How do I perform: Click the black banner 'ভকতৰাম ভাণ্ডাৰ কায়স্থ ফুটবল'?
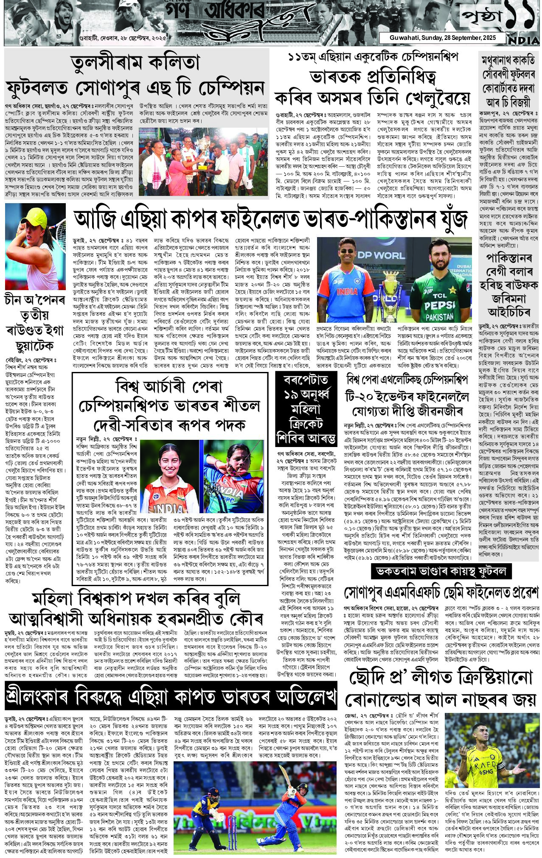tap(441, 572)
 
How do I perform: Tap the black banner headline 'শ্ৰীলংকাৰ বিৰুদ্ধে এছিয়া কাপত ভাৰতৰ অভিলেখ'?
tap(171, 697)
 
